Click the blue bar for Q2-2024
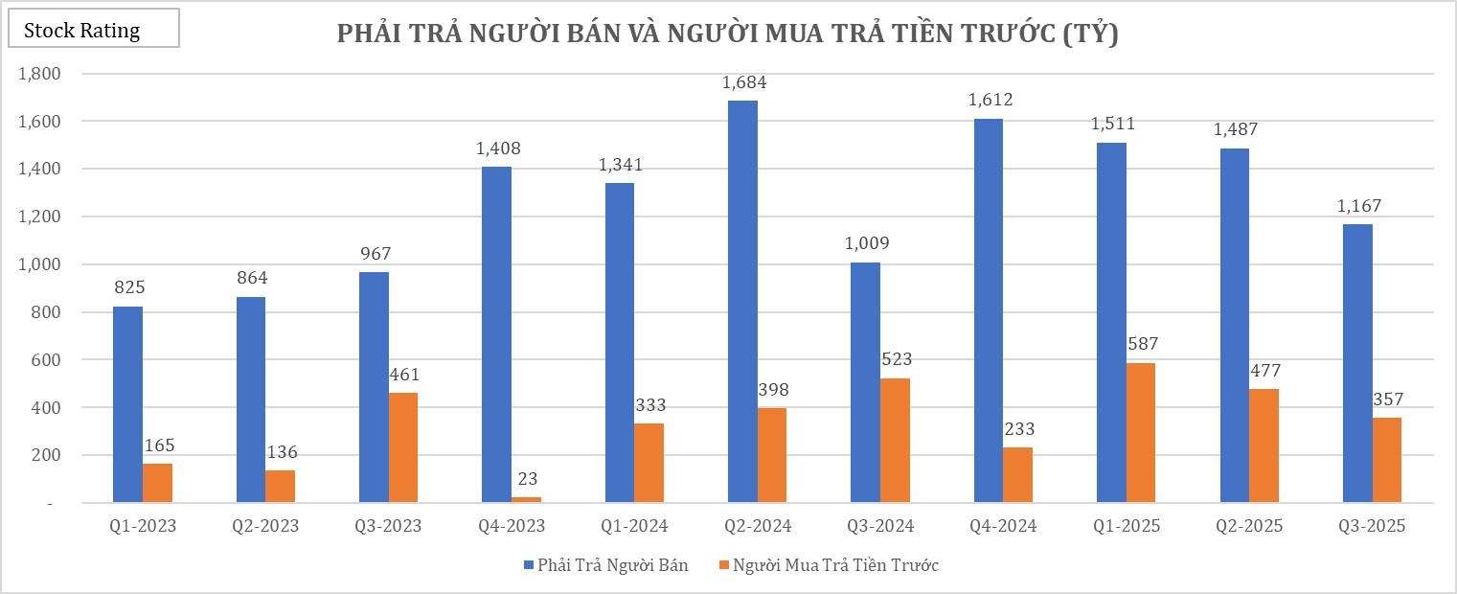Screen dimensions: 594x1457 (742, 302)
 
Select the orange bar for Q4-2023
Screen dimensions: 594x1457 (527, 499)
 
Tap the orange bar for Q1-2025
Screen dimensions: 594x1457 (1141, 433)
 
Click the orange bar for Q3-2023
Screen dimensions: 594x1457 (403, 447)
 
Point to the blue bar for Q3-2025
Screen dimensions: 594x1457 (1357, 363)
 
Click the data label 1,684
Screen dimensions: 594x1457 (744, 82)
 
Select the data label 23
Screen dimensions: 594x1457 (527, 480)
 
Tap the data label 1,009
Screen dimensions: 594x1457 (867, 243)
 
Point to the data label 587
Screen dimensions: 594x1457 (1141, 344)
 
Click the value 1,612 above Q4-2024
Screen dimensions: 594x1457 (990, 100)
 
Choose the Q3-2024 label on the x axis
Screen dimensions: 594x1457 (880, 526)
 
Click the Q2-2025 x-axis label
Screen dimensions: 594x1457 (1249, 526)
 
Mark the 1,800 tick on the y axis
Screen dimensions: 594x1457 (40, 74)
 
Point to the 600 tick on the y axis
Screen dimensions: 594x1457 (46, 360)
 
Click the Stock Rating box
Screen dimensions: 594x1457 (93, 30)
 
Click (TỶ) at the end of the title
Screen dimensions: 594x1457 (1092, 34)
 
